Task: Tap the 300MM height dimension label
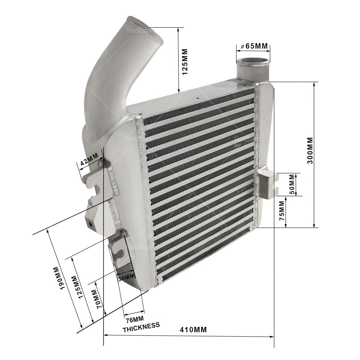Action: point(310,150)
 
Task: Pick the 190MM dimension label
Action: point(59,279)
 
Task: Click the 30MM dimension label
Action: point(126,277)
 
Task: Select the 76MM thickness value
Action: point(134,319)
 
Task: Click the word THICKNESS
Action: point(141,327)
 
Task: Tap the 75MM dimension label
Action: point(282,210)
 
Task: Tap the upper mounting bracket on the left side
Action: point(93,176)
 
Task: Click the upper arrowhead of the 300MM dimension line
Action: point(314,84)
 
